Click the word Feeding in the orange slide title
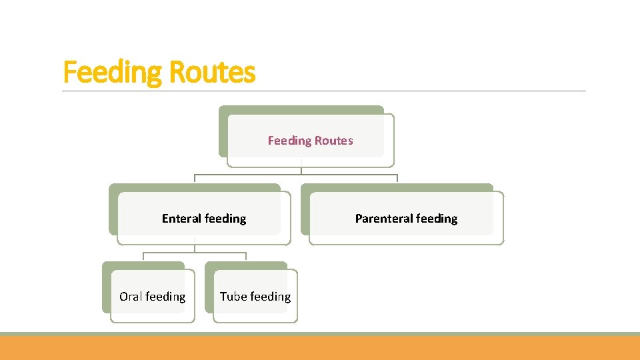click(x=111, y=72)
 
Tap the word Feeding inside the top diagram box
click(x=289, y=141)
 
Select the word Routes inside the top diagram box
click(x=334, y=141)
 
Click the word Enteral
click(x=181, y=219)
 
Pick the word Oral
click(x=130, y=297)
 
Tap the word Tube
click(x=233, y=297)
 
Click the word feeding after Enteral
click(x=225, y=219)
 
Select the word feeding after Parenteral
click(x=437, y=219)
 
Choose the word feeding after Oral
click(x=165, y=297)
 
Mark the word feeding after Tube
click(x=271, y=297)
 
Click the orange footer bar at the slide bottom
click(x=320, y=348)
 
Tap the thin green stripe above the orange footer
click(x=320, y=333)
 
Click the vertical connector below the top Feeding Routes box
click(x=301, y=169)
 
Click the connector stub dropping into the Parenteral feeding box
click(x=397, y=179)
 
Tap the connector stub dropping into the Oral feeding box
click(x=144, y=257)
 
